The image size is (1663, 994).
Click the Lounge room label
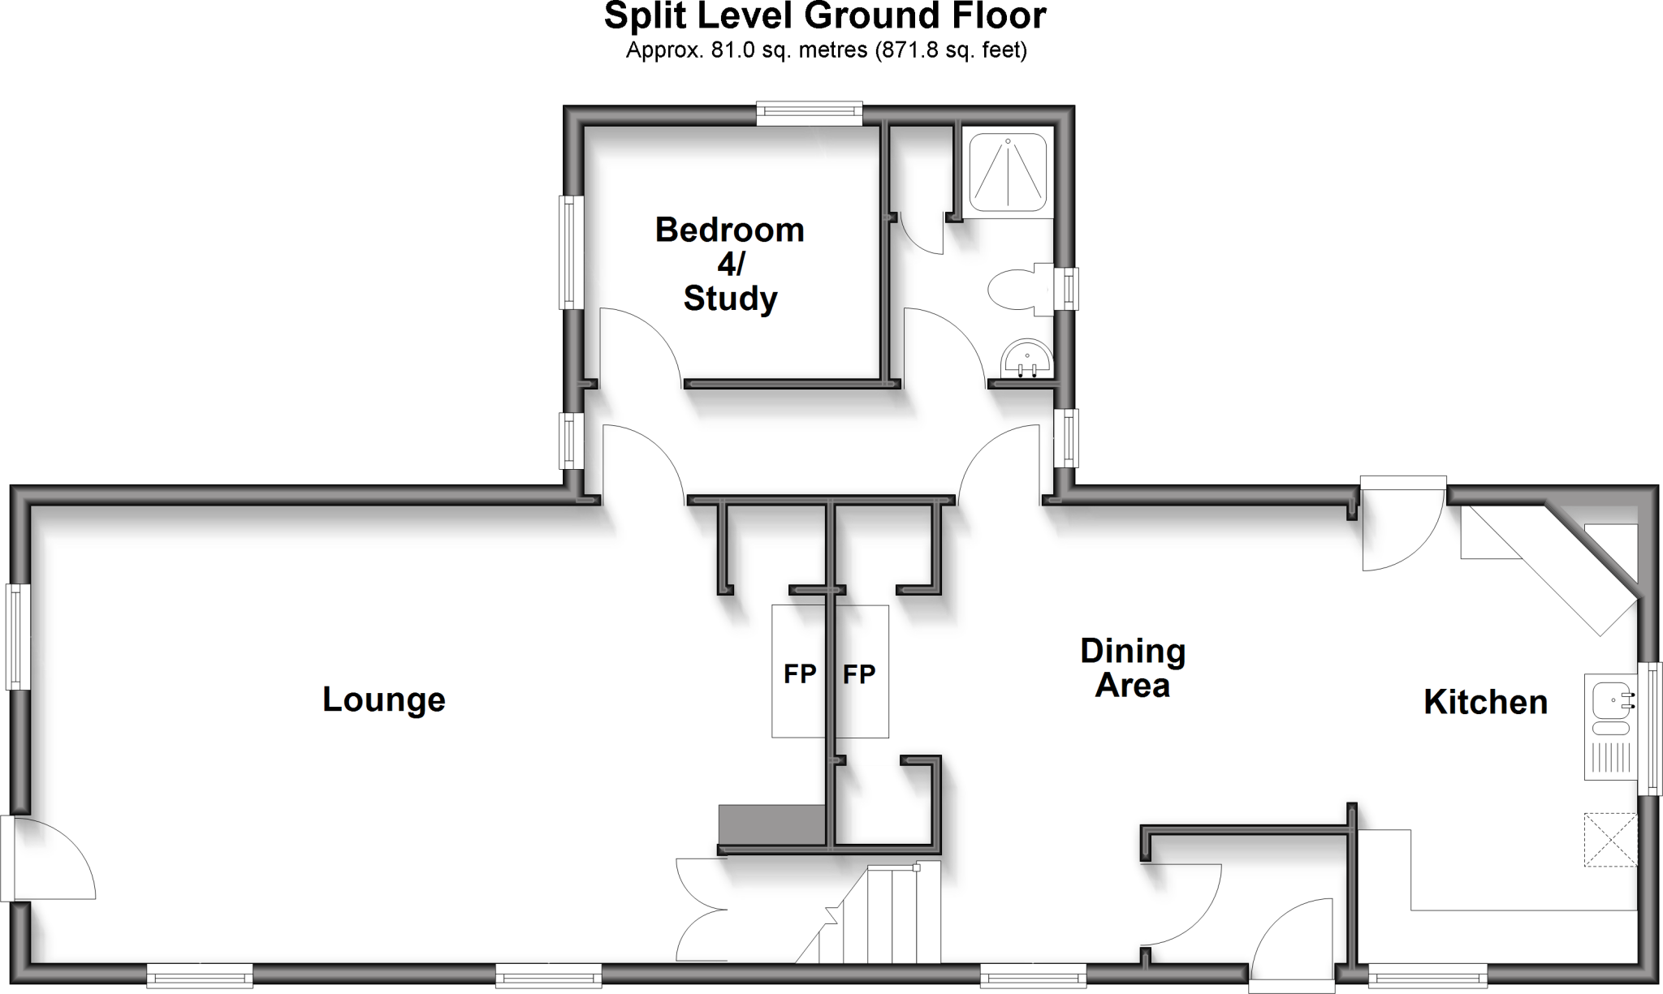tap(383, 699)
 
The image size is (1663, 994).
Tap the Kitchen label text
tap(1485, 703)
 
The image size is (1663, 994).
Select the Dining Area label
tap(1132, 668)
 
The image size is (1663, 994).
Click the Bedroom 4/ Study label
tap(729, 264)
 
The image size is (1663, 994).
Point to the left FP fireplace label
tap(799, 673)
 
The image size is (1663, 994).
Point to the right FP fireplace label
tap(859, 673)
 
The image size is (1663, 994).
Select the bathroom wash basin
tap(1026, 359)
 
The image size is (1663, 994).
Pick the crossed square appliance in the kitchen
tap(1609, 840)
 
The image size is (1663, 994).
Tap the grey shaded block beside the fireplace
tap(771, 824)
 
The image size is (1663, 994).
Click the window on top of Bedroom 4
tap(809, 114)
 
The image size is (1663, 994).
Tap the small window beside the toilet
tap(1070, 289)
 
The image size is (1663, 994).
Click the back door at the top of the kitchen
tap(1402, 527)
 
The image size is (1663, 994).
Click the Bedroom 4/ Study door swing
tap(637, 345)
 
